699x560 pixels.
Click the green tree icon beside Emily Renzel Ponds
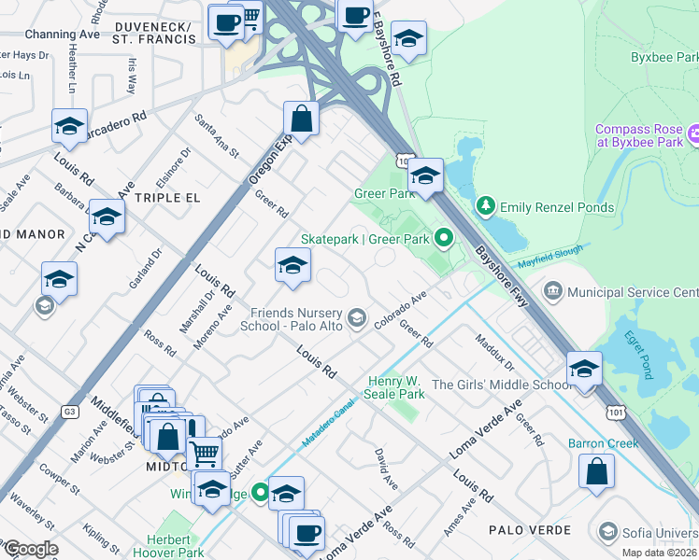click(485, 206)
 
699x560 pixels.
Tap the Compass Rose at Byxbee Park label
click(639, 136)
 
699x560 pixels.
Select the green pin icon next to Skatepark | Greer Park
click(445, 240)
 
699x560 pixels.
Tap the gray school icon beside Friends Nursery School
click(356, 319)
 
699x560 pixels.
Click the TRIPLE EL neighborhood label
click(166, 199)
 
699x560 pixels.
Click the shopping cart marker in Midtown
click(205, 454)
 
